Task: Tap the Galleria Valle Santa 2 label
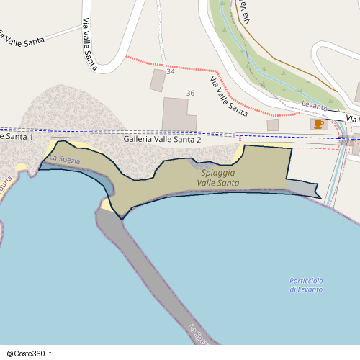coord(162,140)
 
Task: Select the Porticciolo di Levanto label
coord(307,284)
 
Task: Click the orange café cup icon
coord(317,124)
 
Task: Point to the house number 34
coord(171,72)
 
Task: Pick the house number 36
coord(190,94)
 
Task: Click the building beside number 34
coord(157,80)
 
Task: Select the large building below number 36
coord(178,114)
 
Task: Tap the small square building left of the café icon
coord(273,125)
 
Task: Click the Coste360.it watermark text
coord(35,354)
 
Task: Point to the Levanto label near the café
coord(315,106)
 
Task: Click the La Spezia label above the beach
coord(65,159)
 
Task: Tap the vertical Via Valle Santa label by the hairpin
coord(89,43)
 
